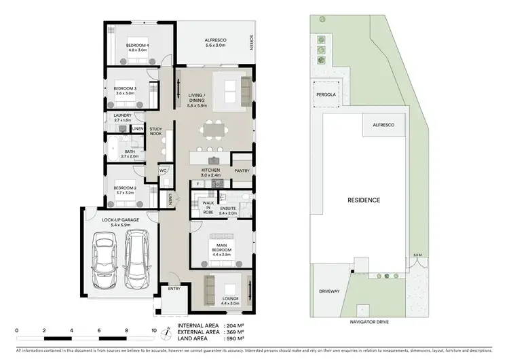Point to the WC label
click(163, 170)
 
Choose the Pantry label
click(241, 170)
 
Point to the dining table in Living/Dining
click(215, 129)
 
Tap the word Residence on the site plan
click(364, 200)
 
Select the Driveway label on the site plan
click(328, 291)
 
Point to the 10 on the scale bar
click(154, 331)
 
